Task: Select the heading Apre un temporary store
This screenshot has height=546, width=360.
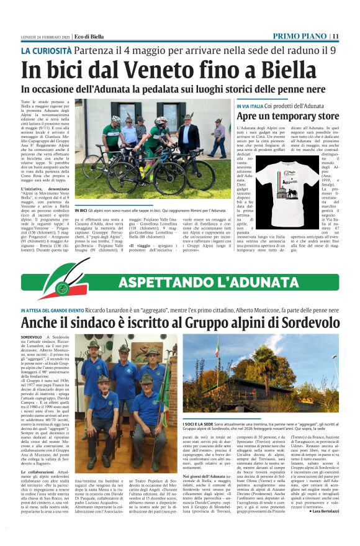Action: pos(288,116)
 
